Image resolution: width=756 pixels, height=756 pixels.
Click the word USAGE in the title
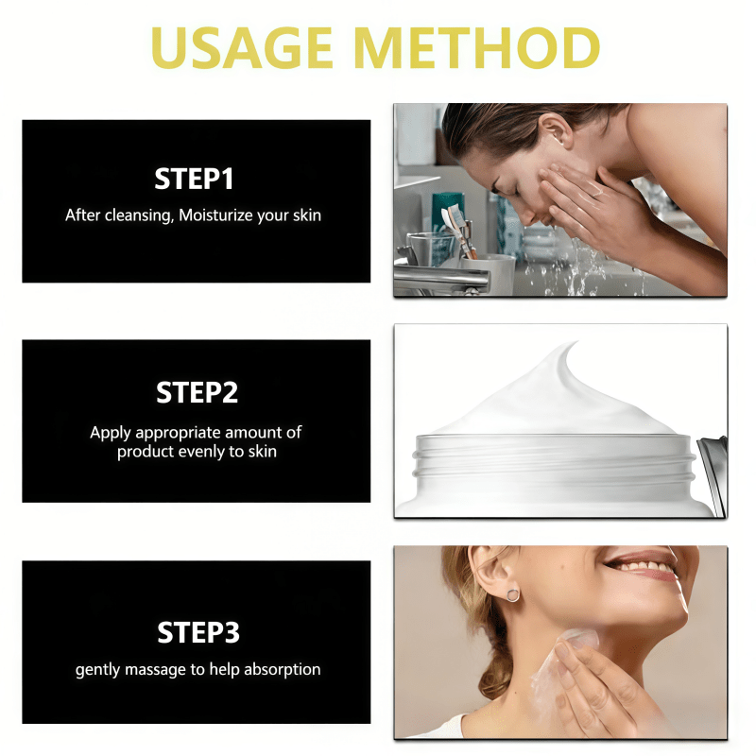242,48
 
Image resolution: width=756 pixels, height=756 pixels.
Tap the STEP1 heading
194,179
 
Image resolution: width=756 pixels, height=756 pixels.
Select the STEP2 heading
197,392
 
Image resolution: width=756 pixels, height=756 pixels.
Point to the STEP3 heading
198,632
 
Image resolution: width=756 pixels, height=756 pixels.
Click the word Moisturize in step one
216,215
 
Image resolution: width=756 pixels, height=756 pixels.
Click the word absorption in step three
282,670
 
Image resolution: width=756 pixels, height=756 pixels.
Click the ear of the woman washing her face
557,129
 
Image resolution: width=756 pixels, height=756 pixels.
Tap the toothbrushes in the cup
457,230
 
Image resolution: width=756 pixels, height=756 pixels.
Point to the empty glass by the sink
427,249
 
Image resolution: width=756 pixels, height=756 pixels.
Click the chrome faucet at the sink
440,279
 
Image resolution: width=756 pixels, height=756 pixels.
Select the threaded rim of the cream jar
555,455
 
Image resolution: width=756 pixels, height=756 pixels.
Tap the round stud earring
513,595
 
